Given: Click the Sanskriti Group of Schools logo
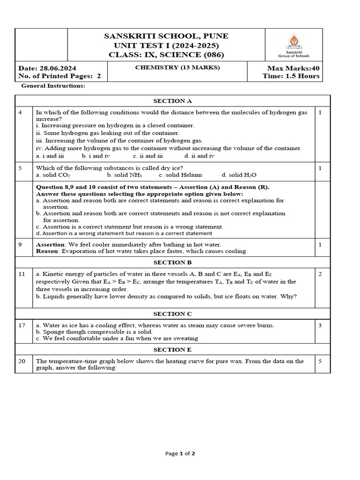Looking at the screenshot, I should (294, 45).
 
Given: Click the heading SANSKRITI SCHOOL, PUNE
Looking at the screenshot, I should (166, 36).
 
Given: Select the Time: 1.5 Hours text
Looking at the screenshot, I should (291, 76).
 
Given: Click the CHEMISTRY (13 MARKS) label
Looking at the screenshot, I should (171, 67).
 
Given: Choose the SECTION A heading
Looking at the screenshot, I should (172, 101).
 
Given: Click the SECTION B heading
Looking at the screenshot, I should (172, 262).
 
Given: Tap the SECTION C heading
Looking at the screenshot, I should (172, 314).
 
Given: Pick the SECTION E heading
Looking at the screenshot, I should (172, 350).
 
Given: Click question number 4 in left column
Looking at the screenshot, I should (20, 112).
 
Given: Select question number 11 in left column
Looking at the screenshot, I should (22, 274).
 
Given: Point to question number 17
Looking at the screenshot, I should (22, 325).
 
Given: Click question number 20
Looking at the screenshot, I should (22, 361).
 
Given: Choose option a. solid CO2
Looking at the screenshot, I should (53, 175).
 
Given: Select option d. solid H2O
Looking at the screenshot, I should (239, 175).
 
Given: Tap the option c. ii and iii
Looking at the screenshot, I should (148, 155).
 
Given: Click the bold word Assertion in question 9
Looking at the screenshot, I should (50, 244).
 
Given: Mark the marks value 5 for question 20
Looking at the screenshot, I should (320, 361).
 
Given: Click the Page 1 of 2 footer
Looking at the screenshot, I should (180, 453).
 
